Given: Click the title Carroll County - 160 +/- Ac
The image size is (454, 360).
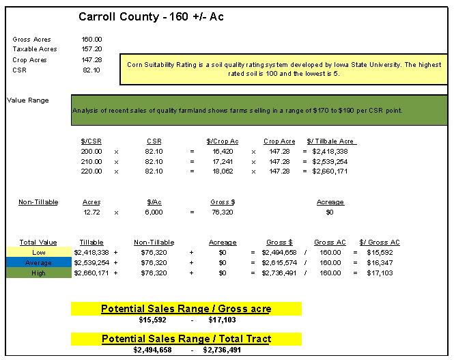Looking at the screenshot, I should pos(150,16).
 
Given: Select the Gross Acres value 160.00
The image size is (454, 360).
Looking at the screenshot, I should pos(91,40).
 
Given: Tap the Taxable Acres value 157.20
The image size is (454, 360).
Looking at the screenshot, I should pos(91,50).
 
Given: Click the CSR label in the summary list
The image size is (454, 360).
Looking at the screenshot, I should pos(19,70).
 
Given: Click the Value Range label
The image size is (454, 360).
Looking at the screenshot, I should pos(28,100).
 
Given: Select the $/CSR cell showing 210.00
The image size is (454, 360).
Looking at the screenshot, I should pos(91,161).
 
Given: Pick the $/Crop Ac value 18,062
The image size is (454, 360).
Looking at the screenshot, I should pos(223,171).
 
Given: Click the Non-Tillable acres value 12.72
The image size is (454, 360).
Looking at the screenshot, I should pos(91,212).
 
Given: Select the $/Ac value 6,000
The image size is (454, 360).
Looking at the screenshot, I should pos(154,212).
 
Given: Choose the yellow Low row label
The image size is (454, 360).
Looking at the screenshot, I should pos(38,252).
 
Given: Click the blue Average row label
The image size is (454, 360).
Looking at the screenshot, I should pos(38,262).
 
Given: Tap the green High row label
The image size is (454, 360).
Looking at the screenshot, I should pos(38,273).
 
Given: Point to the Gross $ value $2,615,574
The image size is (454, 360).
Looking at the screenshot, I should pos(279,262).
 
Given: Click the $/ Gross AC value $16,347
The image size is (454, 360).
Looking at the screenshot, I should pos(380,262).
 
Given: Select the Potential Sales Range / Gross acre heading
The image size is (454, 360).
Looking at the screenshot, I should pos(186,309).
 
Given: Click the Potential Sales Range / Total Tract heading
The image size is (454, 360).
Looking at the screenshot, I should pos(186,339).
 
